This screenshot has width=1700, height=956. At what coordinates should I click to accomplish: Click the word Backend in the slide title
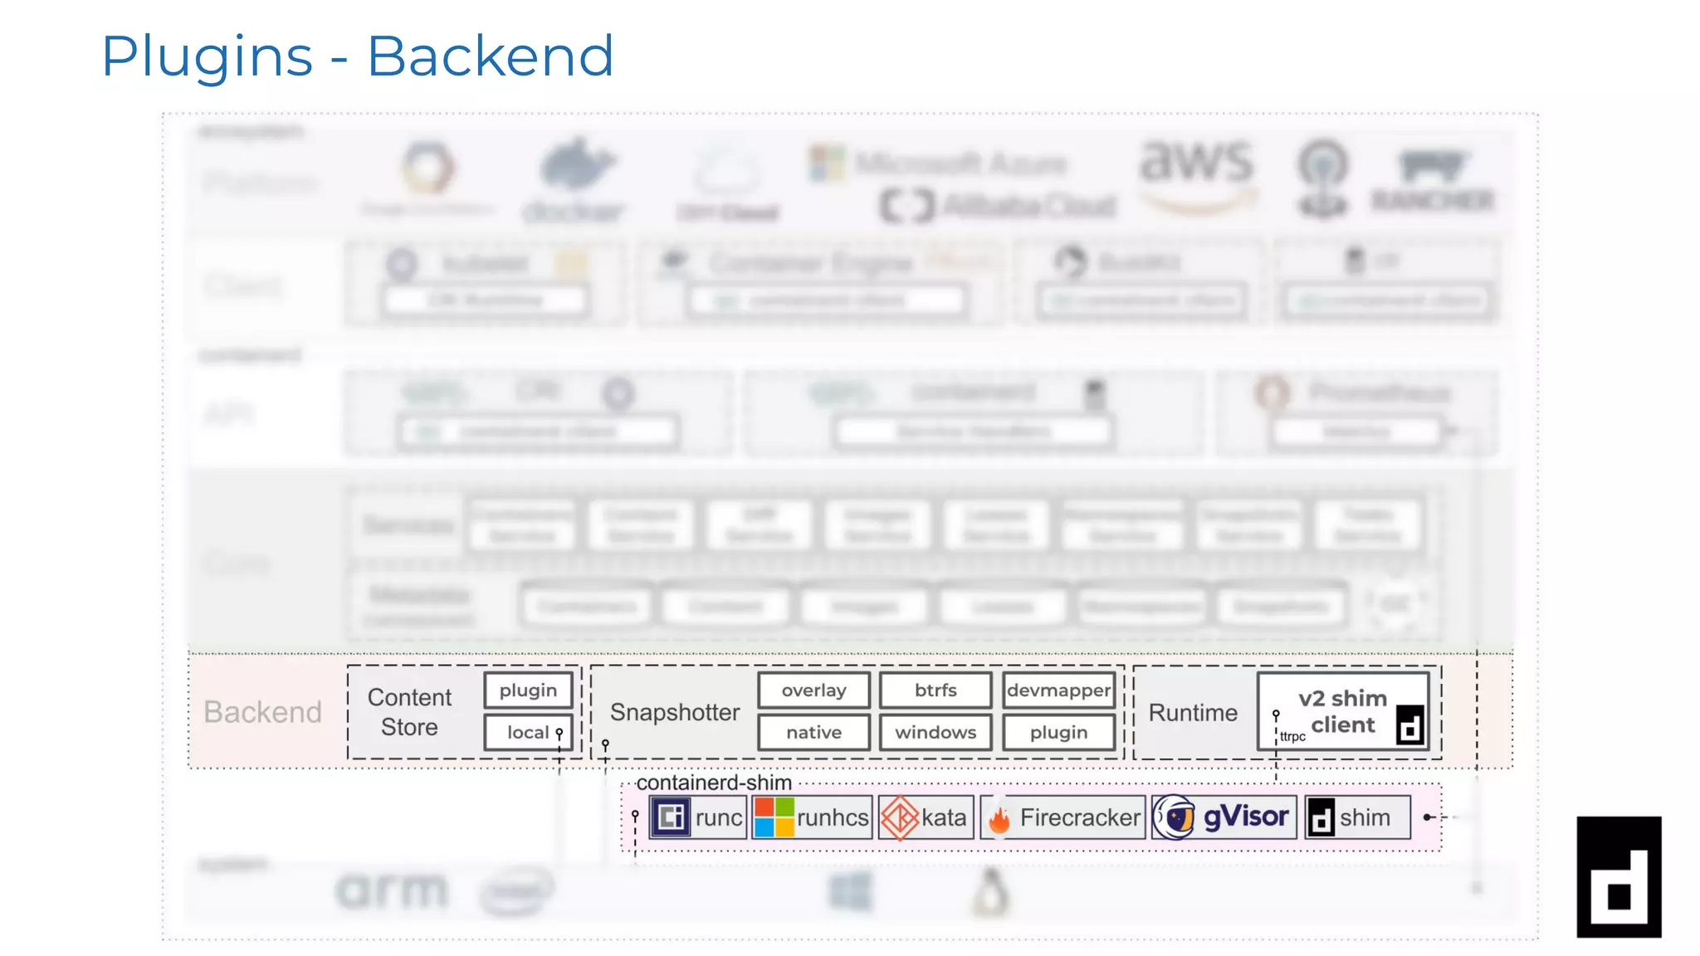(x=490, y=56)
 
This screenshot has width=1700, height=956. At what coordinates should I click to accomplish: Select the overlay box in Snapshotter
(x=813, y=690)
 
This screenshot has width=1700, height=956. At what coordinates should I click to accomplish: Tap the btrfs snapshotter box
(x=935, y=690)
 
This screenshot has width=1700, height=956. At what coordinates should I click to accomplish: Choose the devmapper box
(x=1058, y=690)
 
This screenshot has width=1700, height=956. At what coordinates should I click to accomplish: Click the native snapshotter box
(x=813, y=733)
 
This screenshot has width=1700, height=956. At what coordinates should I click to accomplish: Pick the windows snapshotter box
(x=935, y=733)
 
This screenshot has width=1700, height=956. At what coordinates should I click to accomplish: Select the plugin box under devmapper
(x=1058, y=733)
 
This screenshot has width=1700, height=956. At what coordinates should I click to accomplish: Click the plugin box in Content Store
(x=528, y=690)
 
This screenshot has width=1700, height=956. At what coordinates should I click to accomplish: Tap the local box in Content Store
(x=528, y=733)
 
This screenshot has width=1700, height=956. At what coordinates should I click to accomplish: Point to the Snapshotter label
(x=674, y=712)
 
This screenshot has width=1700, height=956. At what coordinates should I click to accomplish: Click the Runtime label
(x=1193, y=713)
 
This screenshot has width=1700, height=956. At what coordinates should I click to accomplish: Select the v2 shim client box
(x=1342, y=711)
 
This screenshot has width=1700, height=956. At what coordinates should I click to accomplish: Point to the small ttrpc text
(x=1292, y=737)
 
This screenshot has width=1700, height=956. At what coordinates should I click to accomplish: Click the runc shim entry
(x=698, y=817)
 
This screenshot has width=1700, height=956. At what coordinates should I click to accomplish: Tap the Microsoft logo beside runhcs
(x=774, y=817)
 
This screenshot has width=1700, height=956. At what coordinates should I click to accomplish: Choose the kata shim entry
(x=926, y=817)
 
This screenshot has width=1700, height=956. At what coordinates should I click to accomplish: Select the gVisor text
(x=1245, y=817)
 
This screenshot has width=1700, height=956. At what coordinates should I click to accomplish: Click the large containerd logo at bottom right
(x=1619, y=877)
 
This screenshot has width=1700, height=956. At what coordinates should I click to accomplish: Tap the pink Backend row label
(x=262, y=712)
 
